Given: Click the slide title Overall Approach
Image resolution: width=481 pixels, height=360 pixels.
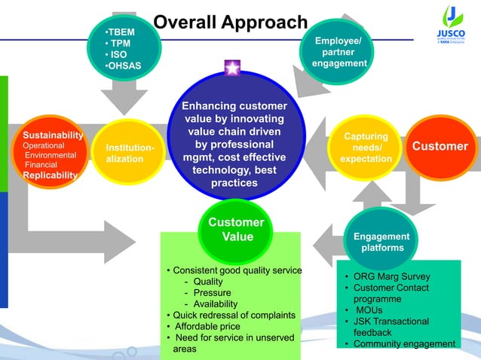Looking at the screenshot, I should point(230,23).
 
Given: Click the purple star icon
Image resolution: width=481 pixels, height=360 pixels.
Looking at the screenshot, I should point(232,69).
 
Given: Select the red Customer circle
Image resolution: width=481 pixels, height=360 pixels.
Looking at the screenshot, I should point(440,147).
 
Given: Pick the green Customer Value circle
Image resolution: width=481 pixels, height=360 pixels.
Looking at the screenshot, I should point(236,230).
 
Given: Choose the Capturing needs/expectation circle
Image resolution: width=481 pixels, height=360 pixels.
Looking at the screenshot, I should point(366,148).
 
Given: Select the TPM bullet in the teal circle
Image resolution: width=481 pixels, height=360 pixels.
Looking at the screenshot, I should point(120,44).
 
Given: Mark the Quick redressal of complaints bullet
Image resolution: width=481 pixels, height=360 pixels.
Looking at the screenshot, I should point(230,315).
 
